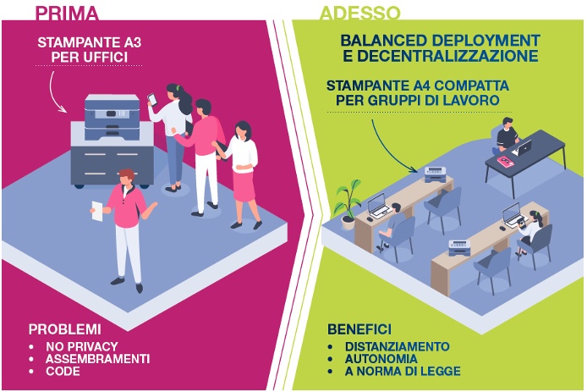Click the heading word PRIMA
[67, 13]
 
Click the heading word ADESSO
[359, 13]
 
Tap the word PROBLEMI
[65, 329]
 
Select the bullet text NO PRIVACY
[82, 346]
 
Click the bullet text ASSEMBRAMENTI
[98, 359]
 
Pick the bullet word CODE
[63, 372]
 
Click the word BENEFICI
[359, 329]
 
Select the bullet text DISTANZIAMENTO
[398, 346]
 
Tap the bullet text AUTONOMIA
[381, 359]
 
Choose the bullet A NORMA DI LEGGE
[403, 372]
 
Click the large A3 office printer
[112, 141]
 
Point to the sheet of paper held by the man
[97, 211]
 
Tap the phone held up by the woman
[152, 99]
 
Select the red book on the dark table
[506, 161]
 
